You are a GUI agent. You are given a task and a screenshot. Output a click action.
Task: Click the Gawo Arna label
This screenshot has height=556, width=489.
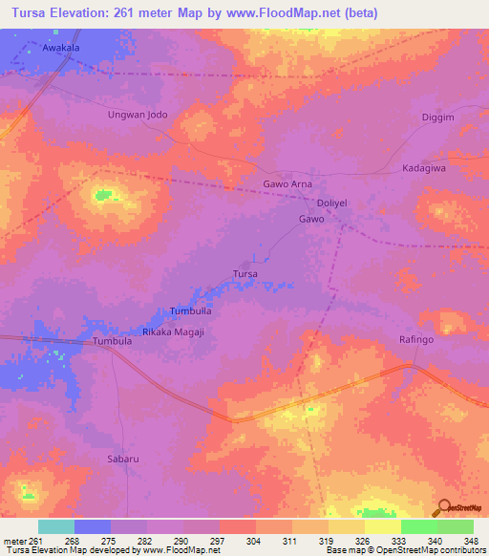(287, 183)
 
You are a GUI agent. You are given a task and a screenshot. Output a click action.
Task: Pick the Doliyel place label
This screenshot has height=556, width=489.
(334, 203)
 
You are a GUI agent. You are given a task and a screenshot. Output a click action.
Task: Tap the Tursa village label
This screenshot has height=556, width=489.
(245, 274)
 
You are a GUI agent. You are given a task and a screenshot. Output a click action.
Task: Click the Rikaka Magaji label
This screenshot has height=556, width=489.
(173, 331)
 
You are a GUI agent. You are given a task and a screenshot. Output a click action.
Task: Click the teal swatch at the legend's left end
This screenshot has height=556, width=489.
(56, 526)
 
